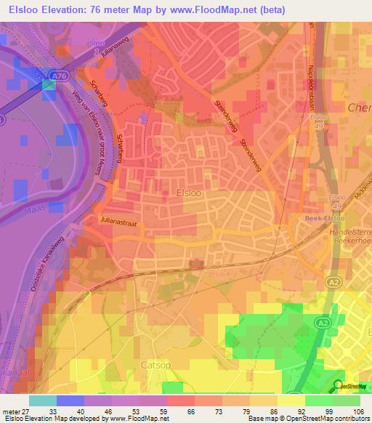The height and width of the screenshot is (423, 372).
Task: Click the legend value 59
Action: pos(166,411)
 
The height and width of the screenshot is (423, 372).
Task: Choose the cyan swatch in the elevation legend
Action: pos(42,400)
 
